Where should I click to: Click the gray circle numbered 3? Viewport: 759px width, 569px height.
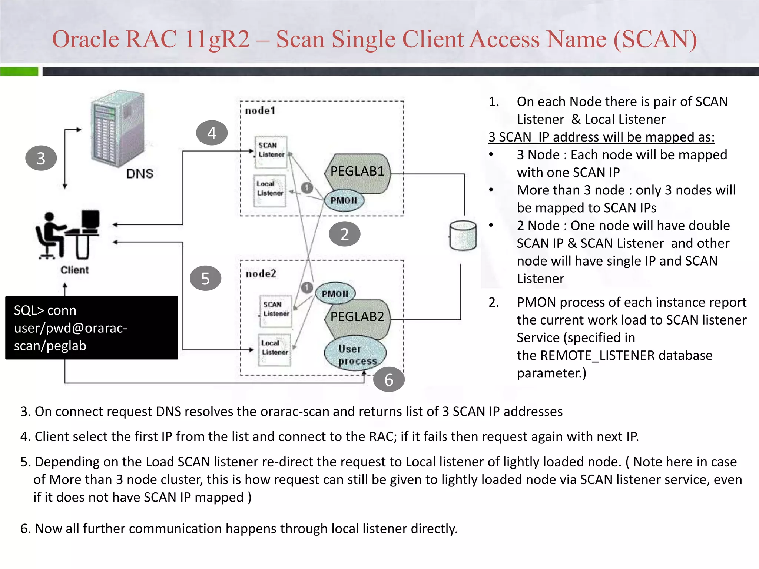41,159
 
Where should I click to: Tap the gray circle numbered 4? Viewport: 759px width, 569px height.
212,133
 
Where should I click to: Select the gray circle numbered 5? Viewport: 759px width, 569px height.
205,278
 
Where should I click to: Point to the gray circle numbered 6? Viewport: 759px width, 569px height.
388,379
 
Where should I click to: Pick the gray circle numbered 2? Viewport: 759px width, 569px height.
344,234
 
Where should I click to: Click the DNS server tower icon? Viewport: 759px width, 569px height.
118,127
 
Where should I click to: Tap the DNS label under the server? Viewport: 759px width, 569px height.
140,173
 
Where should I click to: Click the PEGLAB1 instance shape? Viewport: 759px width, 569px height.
357,171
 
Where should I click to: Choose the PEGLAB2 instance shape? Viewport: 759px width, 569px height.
357,317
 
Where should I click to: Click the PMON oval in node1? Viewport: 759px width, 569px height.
344,200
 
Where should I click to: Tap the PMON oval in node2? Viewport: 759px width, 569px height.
335,294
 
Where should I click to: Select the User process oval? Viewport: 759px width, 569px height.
355,354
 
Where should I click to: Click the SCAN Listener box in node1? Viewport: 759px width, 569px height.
271,150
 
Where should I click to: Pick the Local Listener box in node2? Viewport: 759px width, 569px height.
275,348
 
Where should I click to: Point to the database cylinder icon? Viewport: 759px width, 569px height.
463,236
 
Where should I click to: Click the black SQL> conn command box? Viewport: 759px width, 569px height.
92,328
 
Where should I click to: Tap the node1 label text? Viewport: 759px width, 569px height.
260,110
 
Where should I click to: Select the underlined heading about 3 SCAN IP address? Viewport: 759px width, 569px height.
601,137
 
